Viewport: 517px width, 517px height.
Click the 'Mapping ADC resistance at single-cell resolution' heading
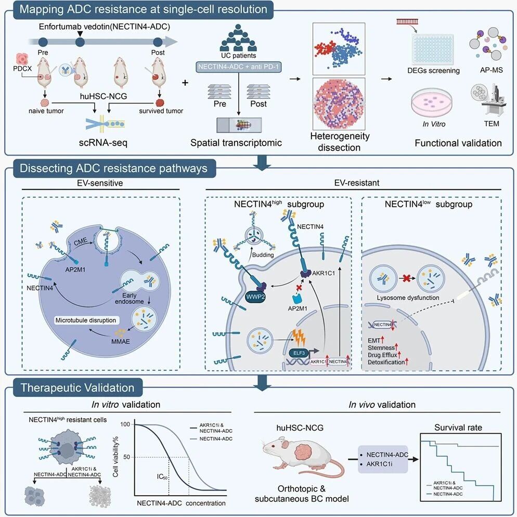click(144, 9)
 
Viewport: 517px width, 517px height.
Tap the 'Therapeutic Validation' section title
click(77, 387)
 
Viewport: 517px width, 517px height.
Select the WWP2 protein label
click(256, 297)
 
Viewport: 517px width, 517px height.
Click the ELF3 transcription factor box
click(299, 353)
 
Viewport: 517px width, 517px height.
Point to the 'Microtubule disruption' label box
click(86, 320)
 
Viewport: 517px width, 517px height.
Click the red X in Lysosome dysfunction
click(406, 279)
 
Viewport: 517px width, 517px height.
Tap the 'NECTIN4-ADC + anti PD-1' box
click(238, 67)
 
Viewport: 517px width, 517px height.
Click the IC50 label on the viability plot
click(162, 477)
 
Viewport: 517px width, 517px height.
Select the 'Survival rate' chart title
click(458, 428)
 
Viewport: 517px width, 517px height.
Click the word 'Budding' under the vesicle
click(263, 255)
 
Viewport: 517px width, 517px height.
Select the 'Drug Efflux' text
click(382, 355)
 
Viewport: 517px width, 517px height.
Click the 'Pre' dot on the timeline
click(43, 42)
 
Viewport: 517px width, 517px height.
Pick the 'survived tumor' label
click(161, 111)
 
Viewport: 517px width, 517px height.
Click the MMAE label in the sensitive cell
click(120, 341)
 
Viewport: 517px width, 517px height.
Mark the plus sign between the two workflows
click(185, 82)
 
